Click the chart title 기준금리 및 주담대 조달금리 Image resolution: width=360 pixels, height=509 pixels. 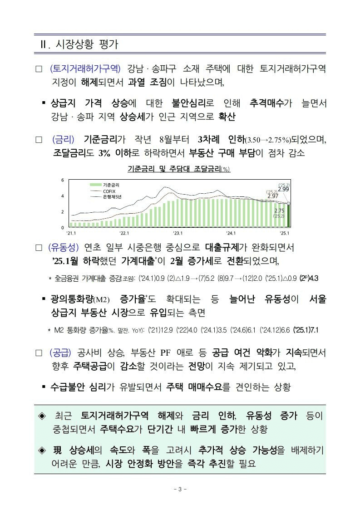(179, 169)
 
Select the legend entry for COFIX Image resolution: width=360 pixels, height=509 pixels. (109, 191)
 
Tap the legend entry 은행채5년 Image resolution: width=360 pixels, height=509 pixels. (112, 197)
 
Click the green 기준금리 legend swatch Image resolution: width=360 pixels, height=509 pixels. (94, 185)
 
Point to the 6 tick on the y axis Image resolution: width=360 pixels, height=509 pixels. (62, 181)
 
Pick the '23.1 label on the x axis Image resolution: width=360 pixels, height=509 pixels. (178, 233)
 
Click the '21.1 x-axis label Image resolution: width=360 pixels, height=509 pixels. (71, 233)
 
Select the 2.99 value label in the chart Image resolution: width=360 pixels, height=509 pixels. (284, 189)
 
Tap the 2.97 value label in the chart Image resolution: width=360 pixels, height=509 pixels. (273, 196)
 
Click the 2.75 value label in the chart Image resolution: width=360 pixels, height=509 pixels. (279, 211)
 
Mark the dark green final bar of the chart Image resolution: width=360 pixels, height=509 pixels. (288, 216)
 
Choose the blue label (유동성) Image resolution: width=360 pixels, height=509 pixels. (64, 248)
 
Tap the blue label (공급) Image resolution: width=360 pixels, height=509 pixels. (60, 352)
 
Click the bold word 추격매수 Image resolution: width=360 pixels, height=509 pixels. (266, 103)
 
